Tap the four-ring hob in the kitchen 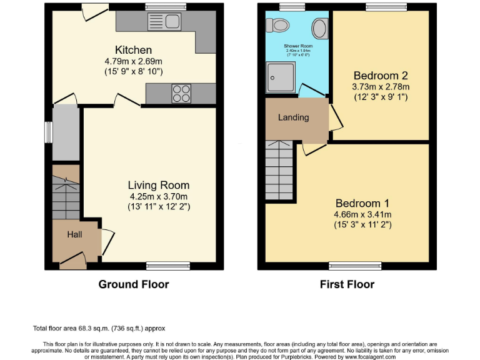click(x=182, y=94)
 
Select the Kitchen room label click(x=133, y=50)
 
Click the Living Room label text click(x=158, y=185)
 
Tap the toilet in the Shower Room click(x=277, y=24)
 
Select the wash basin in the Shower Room click(x=320, y=27)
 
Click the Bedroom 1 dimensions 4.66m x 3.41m click(x=362, y=214)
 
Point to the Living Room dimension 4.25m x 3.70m click(x=158, y=196)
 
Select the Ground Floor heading click(x=133, y=284)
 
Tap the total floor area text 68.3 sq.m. click(x=99, y=328)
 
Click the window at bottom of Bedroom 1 click(x=354, y=266)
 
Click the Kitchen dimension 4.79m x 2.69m click(x=133, y=61)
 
